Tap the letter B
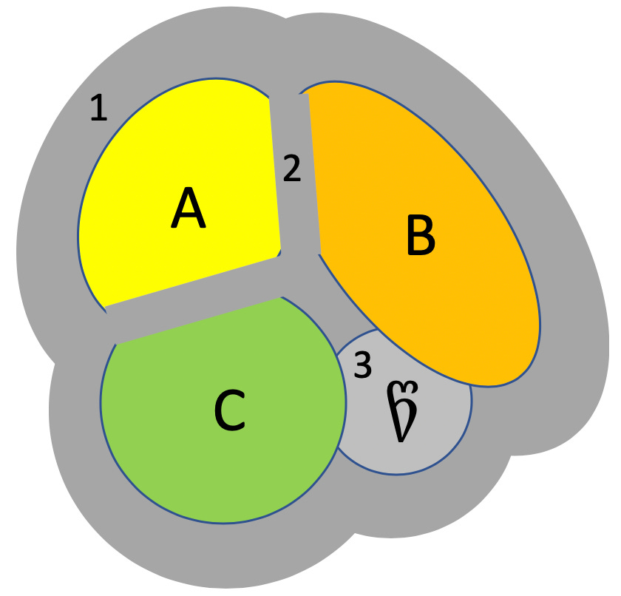(420, 235)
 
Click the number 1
(98, 109)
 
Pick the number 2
(292, 169)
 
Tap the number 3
(362, 366)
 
